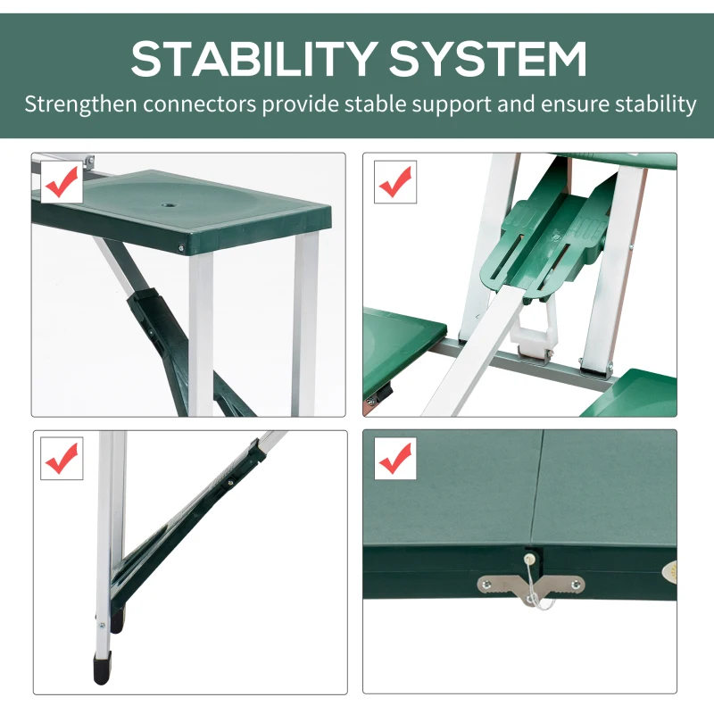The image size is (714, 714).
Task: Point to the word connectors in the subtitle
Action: coord(203,104)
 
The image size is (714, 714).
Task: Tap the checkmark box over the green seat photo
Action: coord(62,183)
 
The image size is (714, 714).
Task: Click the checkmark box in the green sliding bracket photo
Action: coord(394,183)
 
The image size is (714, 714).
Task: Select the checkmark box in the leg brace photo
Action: coord(62,459)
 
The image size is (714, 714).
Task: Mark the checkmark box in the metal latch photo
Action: coord(394,459)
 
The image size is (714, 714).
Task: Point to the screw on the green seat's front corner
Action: coord(182,250)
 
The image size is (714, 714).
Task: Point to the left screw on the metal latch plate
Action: coord(487,585)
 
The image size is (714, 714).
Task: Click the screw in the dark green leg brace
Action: coord(229,483)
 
